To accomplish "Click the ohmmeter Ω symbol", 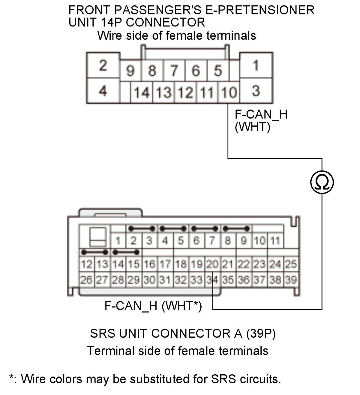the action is [x=322, y=182].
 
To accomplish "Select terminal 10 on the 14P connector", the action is [x=229, y=92].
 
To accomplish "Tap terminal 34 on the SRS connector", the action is [x=213, y=280].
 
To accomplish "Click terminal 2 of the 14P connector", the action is [x=103, y=65].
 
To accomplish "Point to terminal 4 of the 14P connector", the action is [x=103, y=91].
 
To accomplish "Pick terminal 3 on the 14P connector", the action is [x=256, y=91].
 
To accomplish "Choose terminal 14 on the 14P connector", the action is [x=142, y=92].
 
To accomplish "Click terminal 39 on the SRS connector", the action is [x=291, y=280].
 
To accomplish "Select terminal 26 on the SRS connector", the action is [x=87, y=280].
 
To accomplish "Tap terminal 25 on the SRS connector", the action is [x=291, y=264].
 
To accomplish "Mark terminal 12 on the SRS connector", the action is [x=87, y=264].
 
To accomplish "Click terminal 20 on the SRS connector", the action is [x=213, y=264].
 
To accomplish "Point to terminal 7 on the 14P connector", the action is [x=174, y=71].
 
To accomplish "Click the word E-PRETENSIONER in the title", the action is [x=260, y=10].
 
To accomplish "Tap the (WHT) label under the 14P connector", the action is [x=253, y=127].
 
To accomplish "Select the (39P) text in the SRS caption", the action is [x=261, y=333].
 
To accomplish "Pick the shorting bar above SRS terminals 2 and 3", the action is [x=142, y=229].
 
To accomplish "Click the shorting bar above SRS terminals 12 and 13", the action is [x=95, y=252].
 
